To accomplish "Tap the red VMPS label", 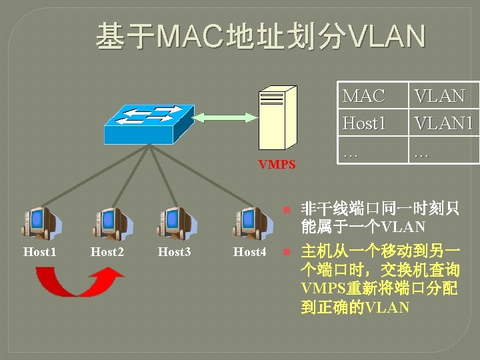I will pos(277,164).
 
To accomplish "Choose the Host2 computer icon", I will pos(108,222).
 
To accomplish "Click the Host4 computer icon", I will pos(250,222).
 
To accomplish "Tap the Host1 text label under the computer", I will pos(39,252).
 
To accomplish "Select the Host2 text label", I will pos(107,252).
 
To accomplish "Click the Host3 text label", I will pos(174,252).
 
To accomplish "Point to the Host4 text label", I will pos(249,252).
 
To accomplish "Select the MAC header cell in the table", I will pos(364,97).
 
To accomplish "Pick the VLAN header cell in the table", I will pos(439,97).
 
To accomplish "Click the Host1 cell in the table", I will pos(364,123).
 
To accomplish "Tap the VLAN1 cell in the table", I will pos(443,123).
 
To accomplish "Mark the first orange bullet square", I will pos(285,209).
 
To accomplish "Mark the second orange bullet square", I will pos(285,253).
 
